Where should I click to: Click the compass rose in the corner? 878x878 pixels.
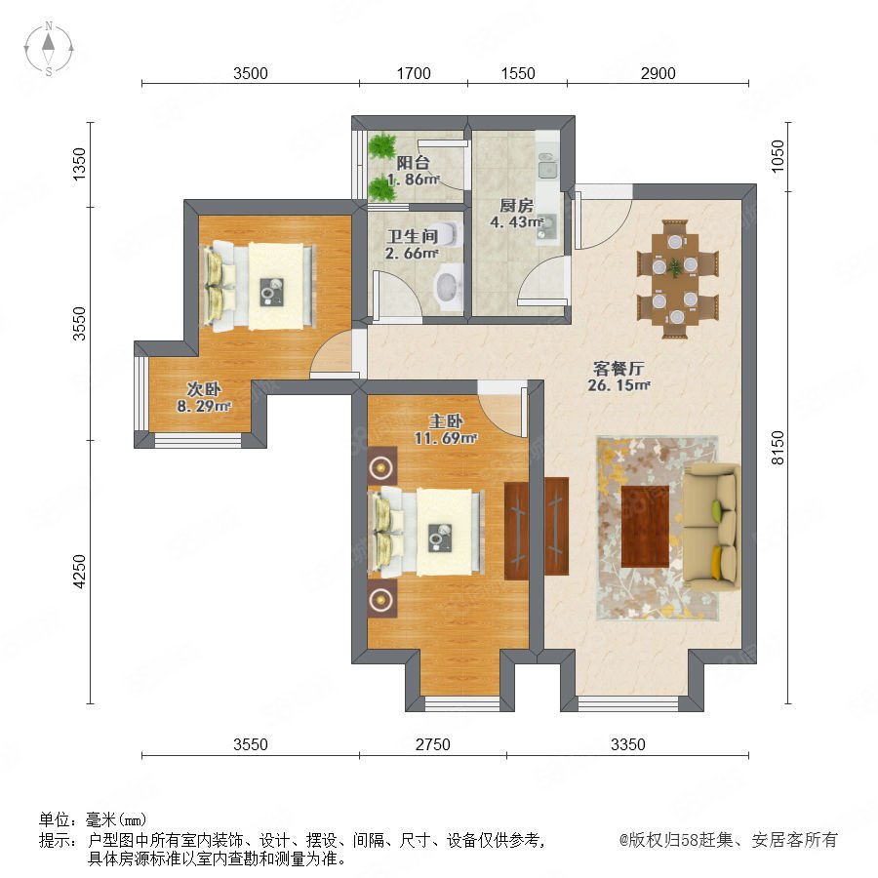pos(49,49)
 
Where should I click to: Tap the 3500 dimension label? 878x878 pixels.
pos(251,73)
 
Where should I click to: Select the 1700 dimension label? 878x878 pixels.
pos(414,73)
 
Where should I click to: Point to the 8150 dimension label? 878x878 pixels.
pos(778,448)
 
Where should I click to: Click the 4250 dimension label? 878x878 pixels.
pos(80,571)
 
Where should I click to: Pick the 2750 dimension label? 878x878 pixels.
pos(433,744)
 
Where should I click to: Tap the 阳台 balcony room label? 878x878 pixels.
pos(414,163)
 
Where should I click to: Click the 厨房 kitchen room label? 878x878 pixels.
pos(516,206)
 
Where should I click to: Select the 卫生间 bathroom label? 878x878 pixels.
pos(412,236)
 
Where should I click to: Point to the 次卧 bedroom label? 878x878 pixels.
pos(204,388)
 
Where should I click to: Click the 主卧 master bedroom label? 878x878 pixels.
pos(446,421)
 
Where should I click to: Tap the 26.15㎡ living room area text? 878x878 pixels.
pos(619,385)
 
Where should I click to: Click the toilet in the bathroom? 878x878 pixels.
pos(450,234)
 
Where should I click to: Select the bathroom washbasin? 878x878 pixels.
pos(449,286)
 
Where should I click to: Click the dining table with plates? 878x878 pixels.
pos(675,278)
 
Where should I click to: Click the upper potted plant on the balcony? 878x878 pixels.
pos(382,145)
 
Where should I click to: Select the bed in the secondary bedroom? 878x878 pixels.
pos(259,286)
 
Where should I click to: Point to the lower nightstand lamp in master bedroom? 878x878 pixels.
pos(381,599)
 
